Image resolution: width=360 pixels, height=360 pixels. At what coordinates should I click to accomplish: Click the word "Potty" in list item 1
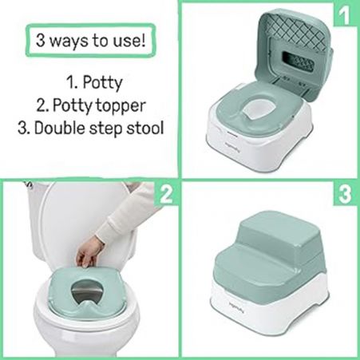coord(102,83)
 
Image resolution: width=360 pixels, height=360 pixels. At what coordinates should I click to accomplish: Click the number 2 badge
coord(166,194)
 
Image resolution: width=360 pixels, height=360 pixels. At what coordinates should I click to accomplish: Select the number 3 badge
coord(346,194)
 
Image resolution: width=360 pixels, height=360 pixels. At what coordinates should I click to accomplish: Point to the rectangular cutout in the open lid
coord(298,61)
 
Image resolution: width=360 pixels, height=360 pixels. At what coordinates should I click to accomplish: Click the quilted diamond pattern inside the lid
coord(295,29)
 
